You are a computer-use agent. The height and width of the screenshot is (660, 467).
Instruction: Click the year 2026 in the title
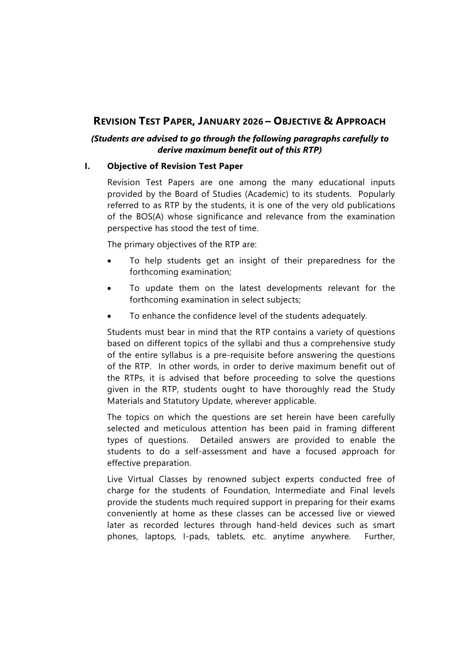(253, 122)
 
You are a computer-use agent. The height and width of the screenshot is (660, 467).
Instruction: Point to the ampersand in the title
(328, 121)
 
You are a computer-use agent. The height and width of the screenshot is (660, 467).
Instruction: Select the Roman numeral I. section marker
(87, 166)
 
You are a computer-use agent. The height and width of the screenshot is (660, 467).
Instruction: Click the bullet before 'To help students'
(109, 261)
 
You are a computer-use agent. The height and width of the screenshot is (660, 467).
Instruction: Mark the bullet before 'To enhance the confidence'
(109, 316)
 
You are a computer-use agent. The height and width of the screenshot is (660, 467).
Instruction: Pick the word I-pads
(196, 537)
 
